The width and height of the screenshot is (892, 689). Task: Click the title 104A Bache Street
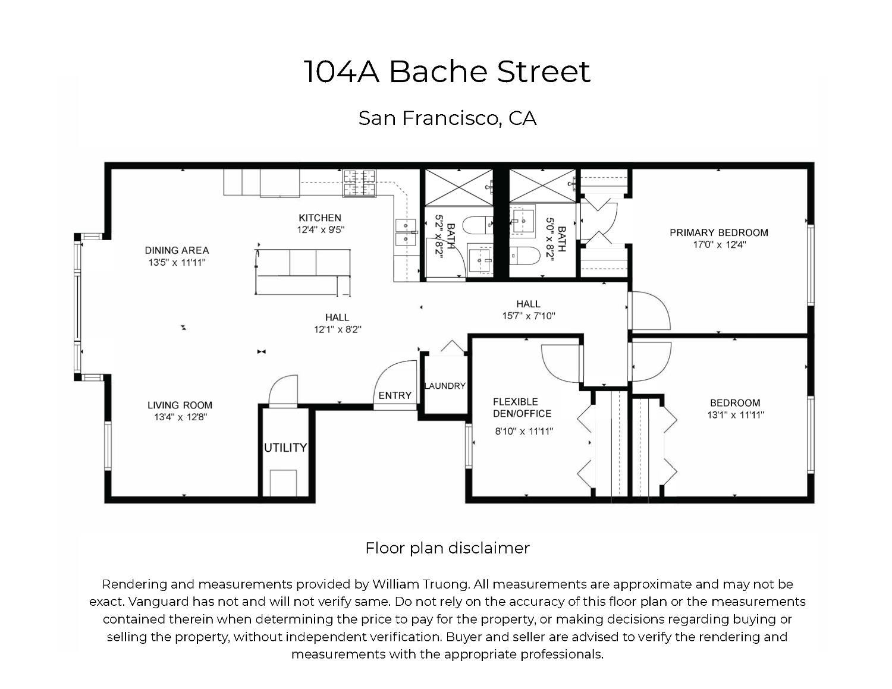[447, 71]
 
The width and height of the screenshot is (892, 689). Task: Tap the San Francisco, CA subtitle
[447, 118]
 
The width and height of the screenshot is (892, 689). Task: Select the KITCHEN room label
[320, 218]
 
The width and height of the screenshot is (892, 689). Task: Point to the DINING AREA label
[177, 250]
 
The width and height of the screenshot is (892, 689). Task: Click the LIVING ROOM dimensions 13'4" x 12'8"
[180, 417]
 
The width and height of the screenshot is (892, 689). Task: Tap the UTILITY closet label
[285, 448]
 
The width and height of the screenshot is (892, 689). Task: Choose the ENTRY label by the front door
[395, 396]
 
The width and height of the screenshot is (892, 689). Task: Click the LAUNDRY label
[445, 386]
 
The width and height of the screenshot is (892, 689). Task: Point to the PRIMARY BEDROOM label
[718, 232]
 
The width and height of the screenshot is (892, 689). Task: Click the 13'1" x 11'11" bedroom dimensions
[735, 415]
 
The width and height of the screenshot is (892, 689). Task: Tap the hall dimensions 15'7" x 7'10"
[528, 316]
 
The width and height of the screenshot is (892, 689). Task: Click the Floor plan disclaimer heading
[447, 548]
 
